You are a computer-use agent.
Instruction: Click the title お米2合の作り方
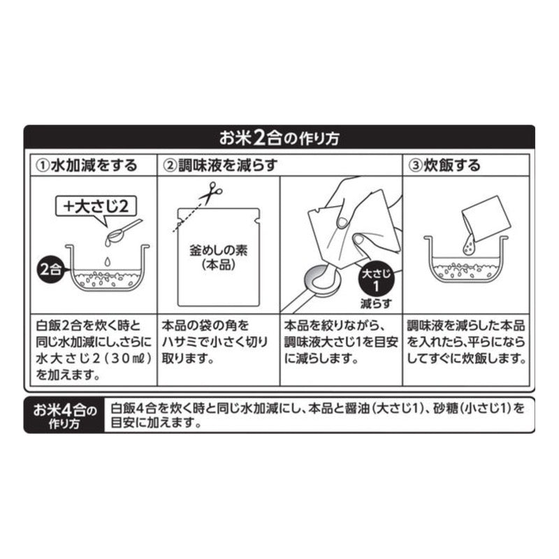[x=279, y=137]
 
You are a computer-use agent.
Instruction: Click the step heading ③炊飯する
[x=444, y=166]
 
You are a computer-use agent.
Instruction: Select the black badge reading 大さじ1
[x=377, y=280]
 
